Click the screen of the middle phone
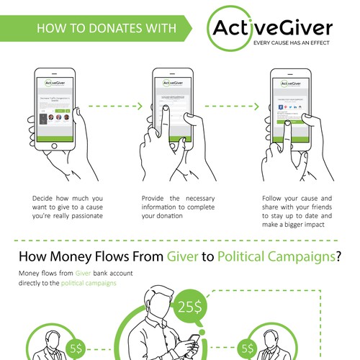click(x=169, y=108)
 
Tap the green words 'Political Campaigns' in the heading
click(x=276, y=256)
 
